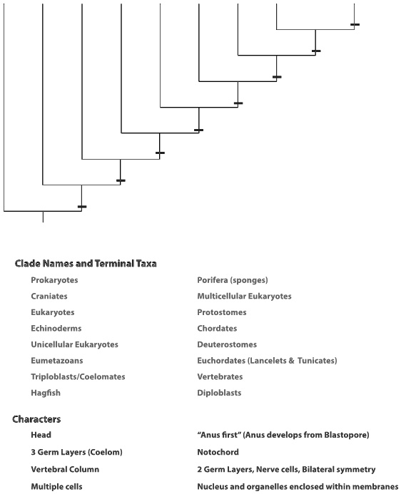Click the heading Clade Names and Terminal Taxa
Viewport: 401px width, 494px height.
(86, 264)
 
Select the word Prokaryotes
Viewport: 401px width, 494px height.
(54, 280)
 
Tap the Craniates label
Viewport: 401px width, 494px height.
(50, 297)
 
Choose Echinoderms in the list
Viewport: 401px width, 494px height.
(56, 329)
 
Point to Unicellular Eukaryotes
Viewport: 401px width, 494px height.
(74, 344)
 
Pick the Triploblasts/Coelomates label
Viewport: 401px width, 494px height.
(78, 376)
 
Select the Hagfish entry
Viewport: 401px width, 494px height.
(46, 393)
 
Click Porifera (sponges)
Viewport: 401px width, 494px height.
(233, 280)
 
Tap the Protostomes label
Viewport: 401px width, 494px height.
(222, 312)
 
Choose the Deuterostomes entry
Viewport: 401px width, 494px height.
(226, 344)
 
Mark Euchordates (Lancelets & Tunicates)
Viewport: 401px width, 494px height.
(267, 361)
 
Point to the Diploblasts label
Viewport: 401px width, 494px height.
(219, 393)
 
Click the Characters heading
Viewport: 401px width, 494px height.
(36, 419)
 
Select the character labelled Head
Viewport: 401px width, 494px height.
(41, 435)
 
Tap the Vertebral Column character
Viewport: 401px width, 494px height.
(65, 470)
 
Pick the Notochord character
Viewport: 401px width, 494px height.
(218, 452)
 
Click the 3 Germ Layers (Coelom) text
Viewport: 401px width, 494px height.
(77, 452)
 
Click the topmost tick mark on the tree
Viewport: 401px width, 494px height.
(355, 24)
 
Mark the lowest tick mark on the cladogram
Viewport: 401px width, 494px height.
(82, 207)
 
